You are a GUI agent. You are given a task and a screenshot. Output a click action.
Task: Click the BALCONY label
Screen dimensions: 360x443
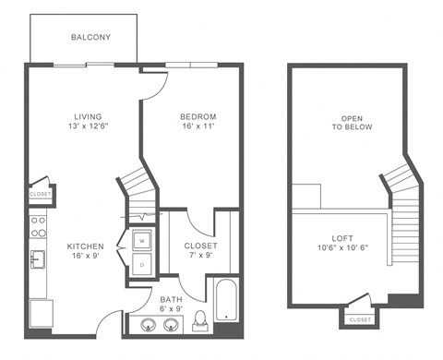90,38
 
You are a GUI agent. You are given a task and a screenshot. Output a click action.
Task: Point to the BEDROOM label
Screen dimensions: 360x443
198,116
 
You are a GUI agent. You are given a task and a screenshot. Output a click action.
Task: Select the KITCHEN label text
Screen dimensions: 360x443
85,246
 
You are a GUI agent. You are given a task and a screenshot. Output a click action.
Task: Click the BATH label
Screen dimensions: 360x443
171,300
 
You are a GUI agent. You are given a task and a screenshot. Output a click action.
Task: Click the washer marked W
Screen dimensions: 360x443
143,241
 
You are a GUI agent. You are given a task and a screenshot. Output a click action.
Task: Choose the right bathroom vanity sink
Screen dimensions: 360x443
169,324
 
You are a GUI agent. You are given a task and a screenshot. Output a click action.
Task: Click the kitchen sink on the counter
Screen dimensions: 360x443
38,258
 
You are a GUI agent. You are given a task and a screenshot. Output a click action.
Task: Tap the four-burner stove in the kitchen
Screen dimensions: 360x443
38,223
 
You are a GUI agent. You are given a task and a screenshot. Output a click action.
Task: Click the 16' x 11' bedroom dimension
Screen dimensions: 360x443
198,128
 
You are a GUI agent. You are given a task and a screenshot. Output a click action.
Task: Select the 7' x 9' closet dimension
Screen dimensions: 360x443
200,258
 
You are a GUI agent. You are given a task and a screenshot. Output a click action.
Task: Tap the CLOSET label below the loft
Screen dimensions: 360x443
360,319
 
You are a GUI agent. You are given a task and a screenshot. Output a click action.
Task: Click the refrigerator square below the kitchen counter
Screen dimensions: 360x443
40,313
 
